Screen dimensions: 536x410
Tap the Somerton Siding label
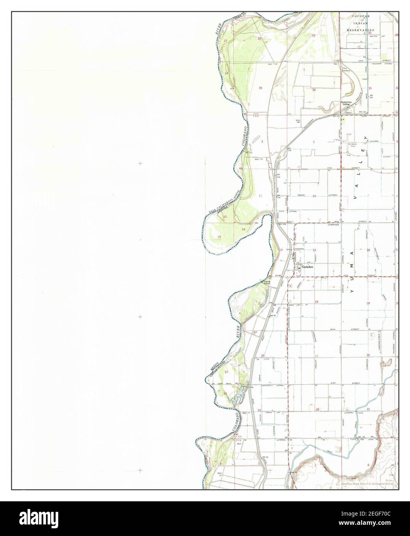[x=346, y=103]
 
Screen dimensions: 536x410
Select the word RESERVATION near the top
[x=360, y=30]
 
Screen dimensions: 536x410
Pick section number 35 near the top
[x=260, y=88]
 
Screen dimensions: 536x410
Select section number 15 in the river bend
[x=219, y=237]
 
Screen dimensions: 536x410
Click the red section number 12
[x=314, y=196]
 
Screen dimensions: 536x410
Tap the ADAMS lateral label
[x=301, y=195]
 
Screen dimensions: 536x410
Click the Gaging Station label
[x=267, y=282]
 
